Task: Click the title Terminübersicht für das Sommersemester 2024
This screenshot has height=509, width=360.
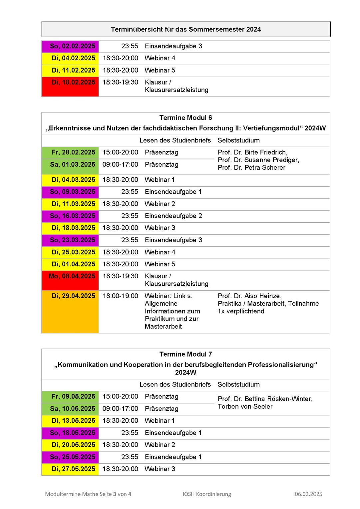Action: click(186, 29)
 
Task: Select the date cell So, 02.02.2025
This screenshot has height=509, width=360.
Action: click(72, 46)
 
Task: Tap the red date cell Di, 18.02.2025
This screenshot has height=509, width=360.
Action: click(73, 82)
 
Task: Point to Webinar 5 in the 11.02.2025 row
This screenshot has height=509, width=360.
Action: click(160, 70)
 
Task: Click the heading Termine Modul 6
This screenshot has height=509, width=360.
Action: click(185, 118)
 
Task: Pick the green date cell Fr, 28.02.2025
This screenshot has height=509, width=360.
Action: click(73, 152)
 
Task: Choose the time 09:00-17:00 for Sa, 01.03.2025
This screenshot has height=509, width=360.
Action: click(120, 164)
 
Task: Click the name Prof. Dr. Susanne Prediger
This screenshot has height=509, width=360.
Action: click(258, 160)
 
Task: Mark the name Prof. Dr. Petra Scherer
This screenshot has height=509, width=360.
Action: click(251, 168)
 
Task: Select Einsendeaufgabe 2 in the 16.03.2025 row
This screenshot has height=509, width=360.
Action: click(173, 216)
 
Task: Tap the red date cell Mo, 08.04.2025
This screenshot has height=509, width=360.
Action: click(72, 276)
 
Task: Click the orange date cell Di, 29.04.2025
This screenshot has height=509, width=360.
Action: click(73, 296)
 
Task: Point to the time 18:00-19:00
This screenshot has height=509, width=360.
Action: click(120, 296)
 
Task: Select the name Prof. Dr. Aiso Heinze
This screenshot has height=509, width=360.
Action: click(249, 296)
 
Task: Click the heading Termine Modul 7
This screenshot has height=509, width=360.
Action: click(185, 354)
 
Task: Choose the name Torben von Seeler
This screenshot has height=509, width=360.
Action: click(245, 406)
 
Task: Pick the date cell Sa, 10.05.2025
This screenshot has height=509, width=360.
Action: click(73, 409)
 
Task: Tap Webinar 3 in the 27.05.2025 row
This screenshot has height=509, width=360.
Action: click(160, 469)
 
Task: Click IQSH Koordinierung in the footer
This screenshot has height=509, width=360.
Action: click(206, 494)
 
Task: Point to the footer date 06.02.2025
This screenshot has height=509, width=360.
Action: click(308, 494)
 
